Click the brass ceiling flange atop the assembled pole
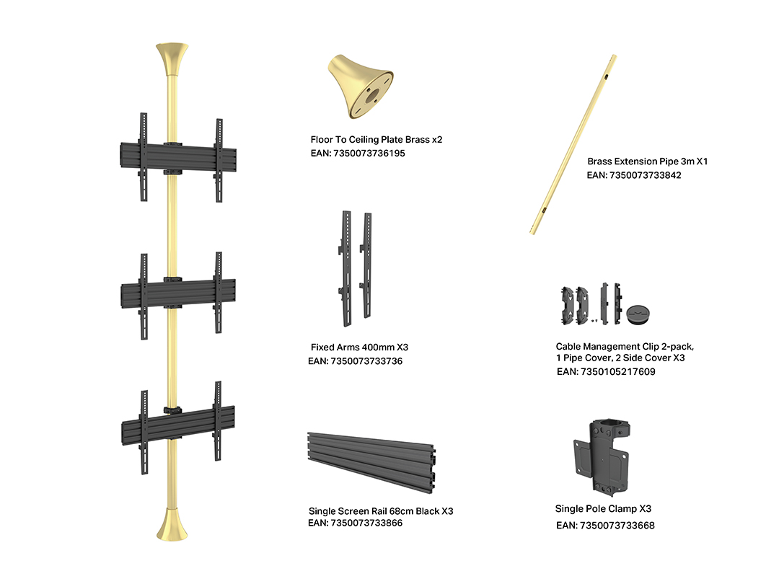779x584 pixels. (x=172, y=58)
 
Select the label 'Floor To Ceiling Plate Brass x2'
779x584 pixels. (x=376, y=140)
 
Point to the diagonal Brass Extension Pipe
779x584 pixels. (x=573, y=144)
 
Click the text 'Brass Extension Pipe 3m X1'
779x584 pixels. (x=647, y=162)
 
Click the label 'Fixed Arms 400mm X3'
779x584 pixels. (x=359, y=347)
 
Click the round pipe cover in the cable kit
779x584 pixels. (x=638, y=315)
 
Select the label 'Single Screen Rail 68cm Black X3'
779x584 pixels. (x=381, y=511)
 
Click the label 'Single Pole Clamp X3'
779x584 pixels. (x=603, y=508)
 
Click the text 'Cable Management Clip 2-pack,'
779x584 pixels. (x=625, y=347)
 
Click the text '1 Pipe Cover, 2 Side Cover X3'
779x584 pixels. (x=620, y=358)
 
